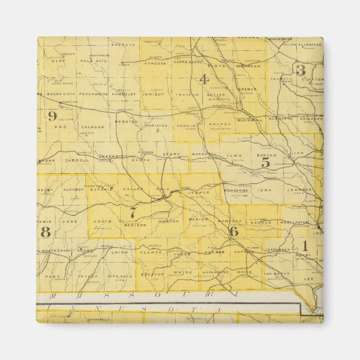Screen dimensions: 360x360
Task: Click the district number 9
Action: (52, 116)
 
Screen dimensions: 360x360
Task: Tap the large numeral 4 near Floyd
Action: (204, 79)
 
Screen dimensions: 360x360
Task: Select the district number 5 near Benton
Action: (266, 162)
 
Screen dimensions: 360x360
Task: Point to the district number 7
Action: (133, 213)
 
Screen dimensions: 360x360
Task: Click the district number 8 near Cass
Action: (46, 232)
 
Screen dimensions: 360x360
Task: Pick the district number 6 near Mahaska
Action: (234, 230)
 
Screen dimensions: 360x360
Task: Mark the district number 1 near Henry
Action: (305, 245)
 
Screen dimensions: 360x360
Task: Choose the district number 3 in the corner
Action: (301, 70)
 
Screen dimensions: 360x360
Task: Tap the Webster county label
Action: (125, 121)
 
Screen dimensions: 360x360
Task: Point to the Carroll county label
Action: (77, 160)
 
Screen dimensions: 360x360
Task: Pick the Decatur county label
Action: (152, 274)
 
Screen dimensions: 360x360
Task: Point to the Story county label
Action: (172, 153)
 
